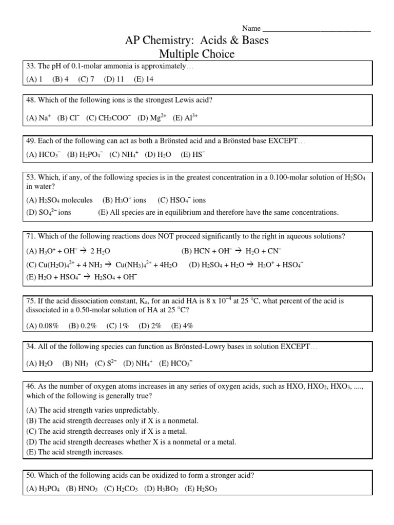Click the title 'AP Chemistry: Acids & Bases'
(x=198, y=41)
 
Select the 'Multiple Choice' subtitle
(x=198, y=54)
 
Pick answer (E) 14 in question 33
(x=144, y=79)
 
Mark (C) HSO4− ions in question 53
(x=182, y=200)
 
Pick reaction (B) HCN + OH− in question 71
(x=231, y=251)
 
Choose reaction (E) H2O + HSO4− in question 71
(x=82, y=277)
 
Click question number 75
(x=30, y=300)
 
